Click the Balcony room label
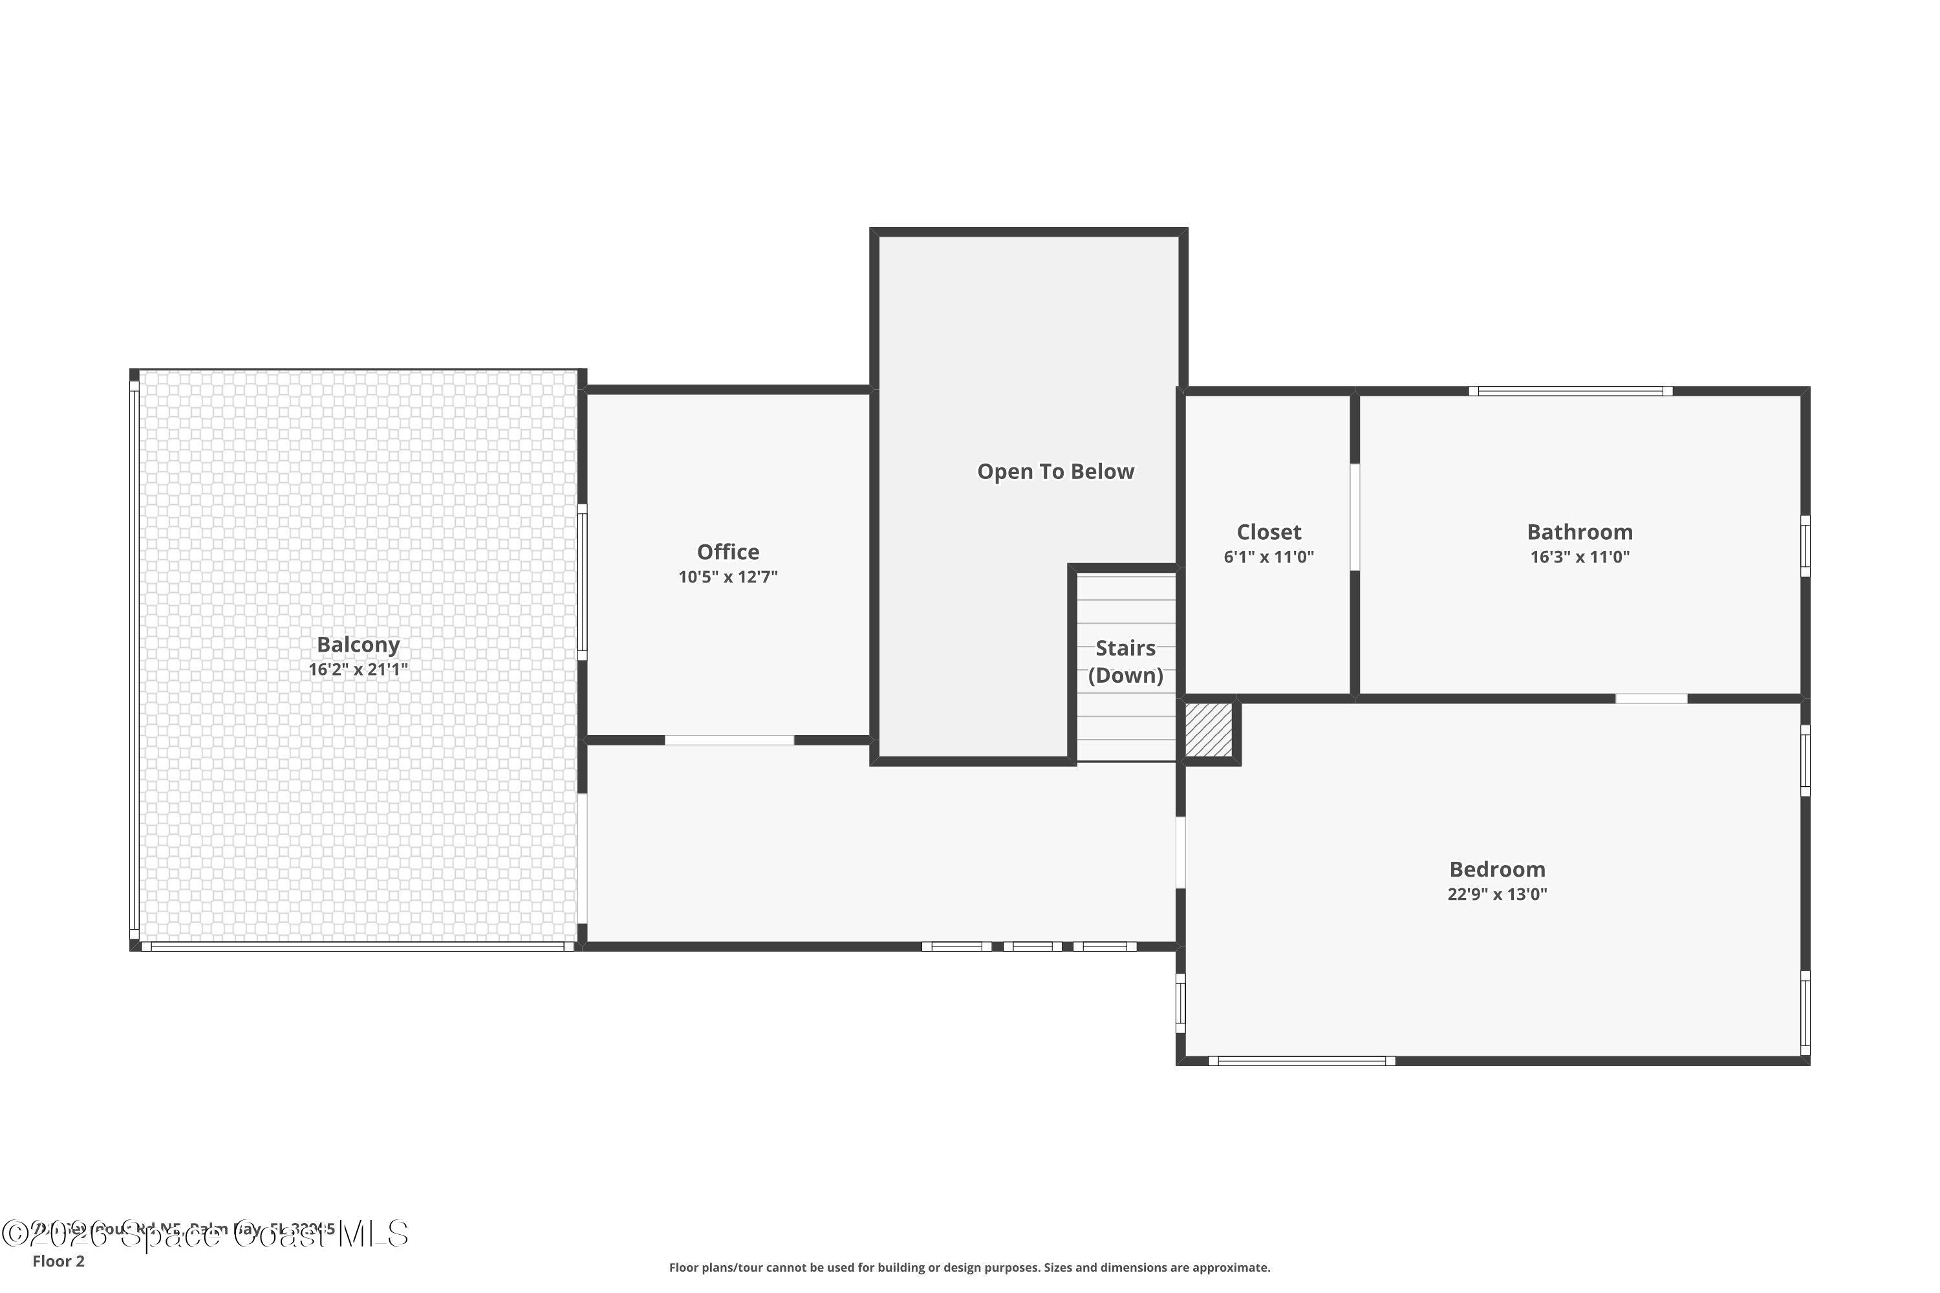pos(358,644)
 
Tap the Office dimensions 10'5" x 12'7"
pos(727,577)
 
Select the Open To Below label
pos(1055,472)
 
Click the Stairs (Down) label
pos(1125,661)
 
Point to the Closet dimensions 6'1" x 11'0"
pos(1267,557)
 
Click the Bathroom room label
pos(1579,532)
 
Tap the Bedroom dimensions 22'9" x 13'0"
pos(1496,894)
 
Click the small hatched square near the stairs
pos(1209,729)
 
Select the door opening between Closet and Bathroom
pos(1353,517)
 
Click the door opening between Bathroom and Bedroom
pos(1650,698)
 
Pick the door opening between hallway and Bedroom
pos(1180,853)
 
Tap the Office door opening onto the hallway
pos(729,740)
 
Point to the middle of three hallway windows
pos(1032,946)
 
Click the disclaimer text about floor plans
pos(969,1267)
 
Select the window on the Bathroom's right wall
pos(1805,546)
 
